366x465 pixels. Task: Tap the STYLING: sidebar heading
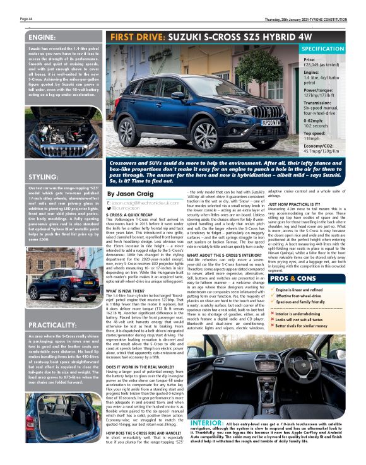[x=43, y=177]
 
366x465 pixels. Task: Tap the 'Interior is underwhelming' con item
[x=298, y=313]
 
